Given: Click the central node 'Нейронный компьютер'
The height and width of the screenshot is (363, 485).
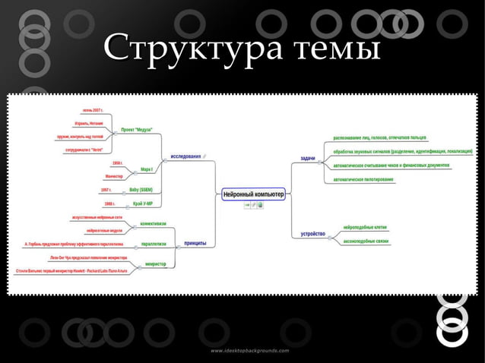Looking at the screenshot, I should coord(254,194).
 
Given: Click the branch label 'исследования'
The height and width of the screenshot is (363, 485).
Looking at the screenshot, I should coord(185,156).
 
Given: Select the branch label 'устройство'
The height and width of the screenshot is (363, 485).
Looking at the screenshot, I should coord(313,233).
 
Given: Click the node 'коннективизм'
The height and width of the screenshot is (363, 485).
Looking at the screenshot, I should coord(153,223).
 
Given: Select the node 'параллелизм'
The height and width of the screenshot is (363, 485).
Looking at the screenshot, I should coord(154,244).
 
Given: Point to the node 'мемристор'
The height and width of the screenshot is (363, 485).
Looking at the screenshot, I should coord(155,264).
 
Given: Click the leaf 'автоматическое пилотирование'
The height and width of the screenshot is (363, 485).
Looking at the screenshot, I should coord(363,179).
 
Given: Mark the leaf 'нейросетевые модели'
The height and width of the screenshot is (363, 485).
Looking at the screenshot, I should coord(104,230).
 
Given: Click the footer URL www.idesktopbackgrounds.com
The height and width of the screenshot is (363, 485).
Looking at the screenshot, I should coord(250,351).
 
